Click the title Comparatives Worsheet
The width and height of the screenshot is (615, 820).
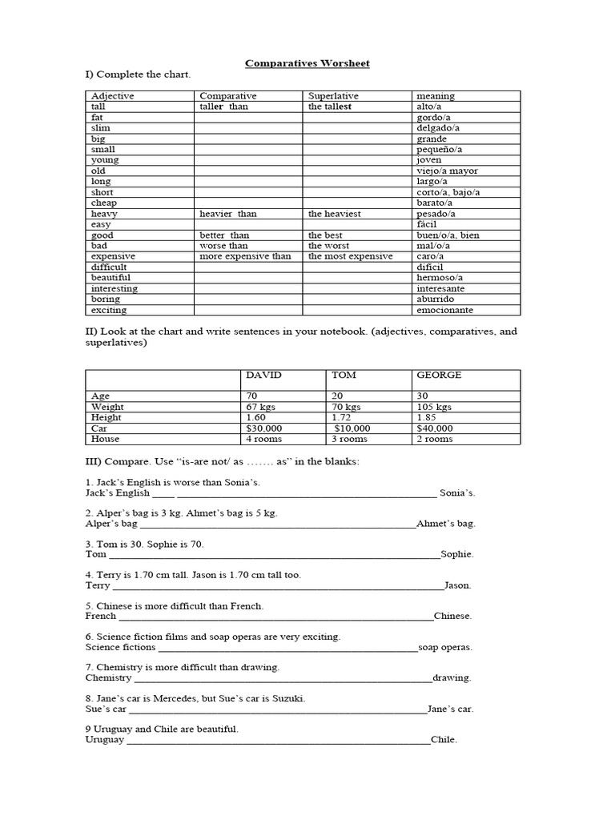(x=307, y=63)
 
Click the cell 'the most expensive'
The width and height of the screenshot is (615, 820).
(x=350, y=256)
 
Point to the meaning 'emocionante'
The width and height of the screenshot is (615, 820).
(x=444, y=310)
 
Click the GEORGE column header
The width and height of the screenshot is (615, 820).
(x=439, y=375)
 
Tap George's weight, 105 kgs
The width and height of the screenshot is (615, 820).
(x=434, y=407)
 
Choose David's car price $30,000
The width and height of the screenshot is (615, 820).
(x=263, y=428)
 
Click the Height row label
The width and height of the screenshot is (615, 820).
(x=107, y=417)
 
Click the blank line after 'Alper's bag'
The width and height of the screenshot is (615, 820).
(x=277, y=525)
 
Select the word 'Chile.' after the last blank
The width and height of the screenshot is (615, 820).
(x=444, y=740)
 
